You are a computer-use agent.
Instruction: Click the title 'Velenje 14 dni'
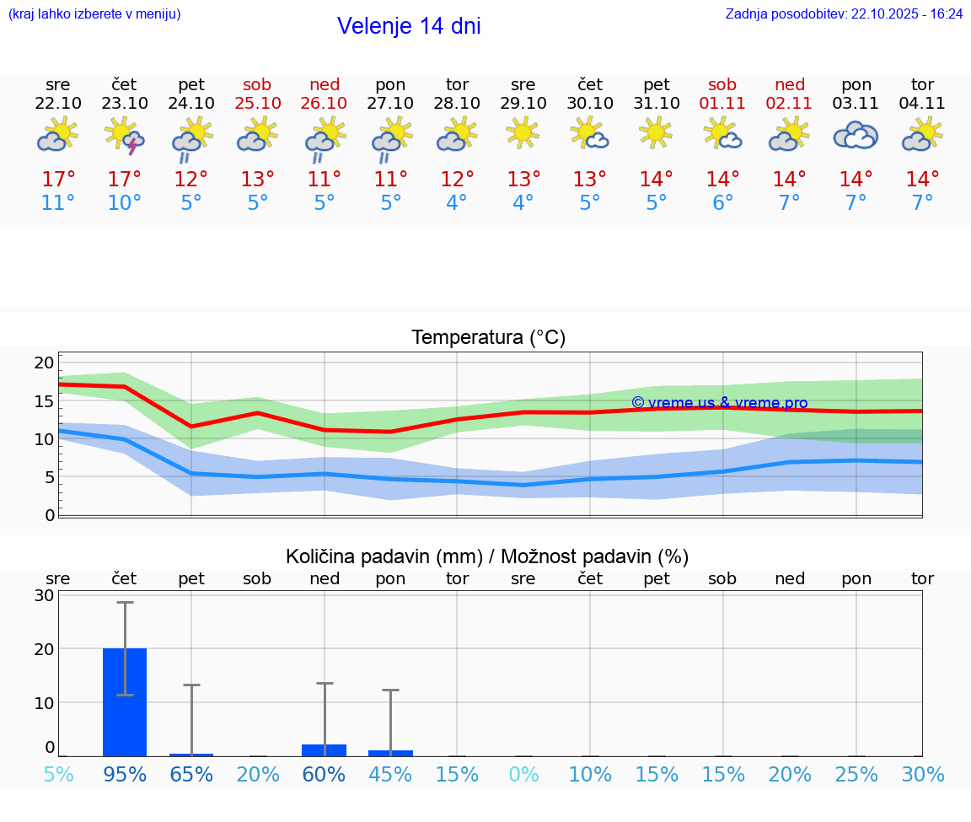pyautogui.click(x=409, y=26)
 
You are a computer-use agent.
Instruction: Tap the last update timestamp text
pyautogui.click(x=844, y=14)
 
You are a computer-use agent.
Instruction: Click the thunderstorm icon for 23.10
pyautogui.click(x=125, y=136)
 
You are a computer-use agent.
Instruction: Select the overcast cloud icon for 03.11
pyautogui.click(x=856, y=136)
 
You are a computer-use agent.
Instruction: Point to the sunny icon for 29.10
pyautogui.click(x=523, y=132)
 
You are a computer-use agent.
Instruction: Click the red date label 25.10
pyautogui.click(x=258, y=104)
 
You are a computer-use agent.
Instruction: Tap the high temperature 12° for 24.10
pyautogui.click(x=191, y=179)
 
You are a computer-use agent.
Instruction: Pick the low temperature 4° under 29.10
pyautogui.click(x=523, y=203)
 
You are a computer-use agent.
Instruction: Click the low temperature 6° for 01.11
pyautogui.click(x=722, y=203)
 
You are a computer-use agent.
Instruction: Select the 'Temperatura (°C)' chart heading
pyautogui.click(x=488, y=338)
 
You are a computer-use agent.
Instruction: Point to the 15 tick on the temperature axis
pyautogui.click(x=44, y=400)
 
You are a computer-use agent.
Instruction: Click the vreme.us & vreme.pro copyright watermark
pyautogui.click(x=719, y=403)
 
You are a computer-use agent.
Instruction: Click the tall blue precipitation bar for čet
pyautogui.click(x=125, y=701)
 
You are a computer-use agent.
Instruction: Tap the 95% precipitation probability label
pyautogui.click(x=125, y=774)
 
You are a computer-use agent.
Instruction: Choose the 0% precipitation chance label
pyautogui.click(x=523, y=774)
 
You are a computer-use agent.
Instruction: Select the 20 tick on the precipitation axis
pyautogui.click(x=44, y=649)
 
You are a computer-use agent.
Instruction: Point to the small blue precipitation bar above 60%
pyautogui.click(x=325, y=750)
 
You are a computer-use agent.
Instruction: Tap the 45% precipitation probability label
pyautogui.click(x=390, y=774)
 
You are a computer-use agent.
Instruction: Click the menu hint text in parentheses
pyautogui.click(x=94, y=14)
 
